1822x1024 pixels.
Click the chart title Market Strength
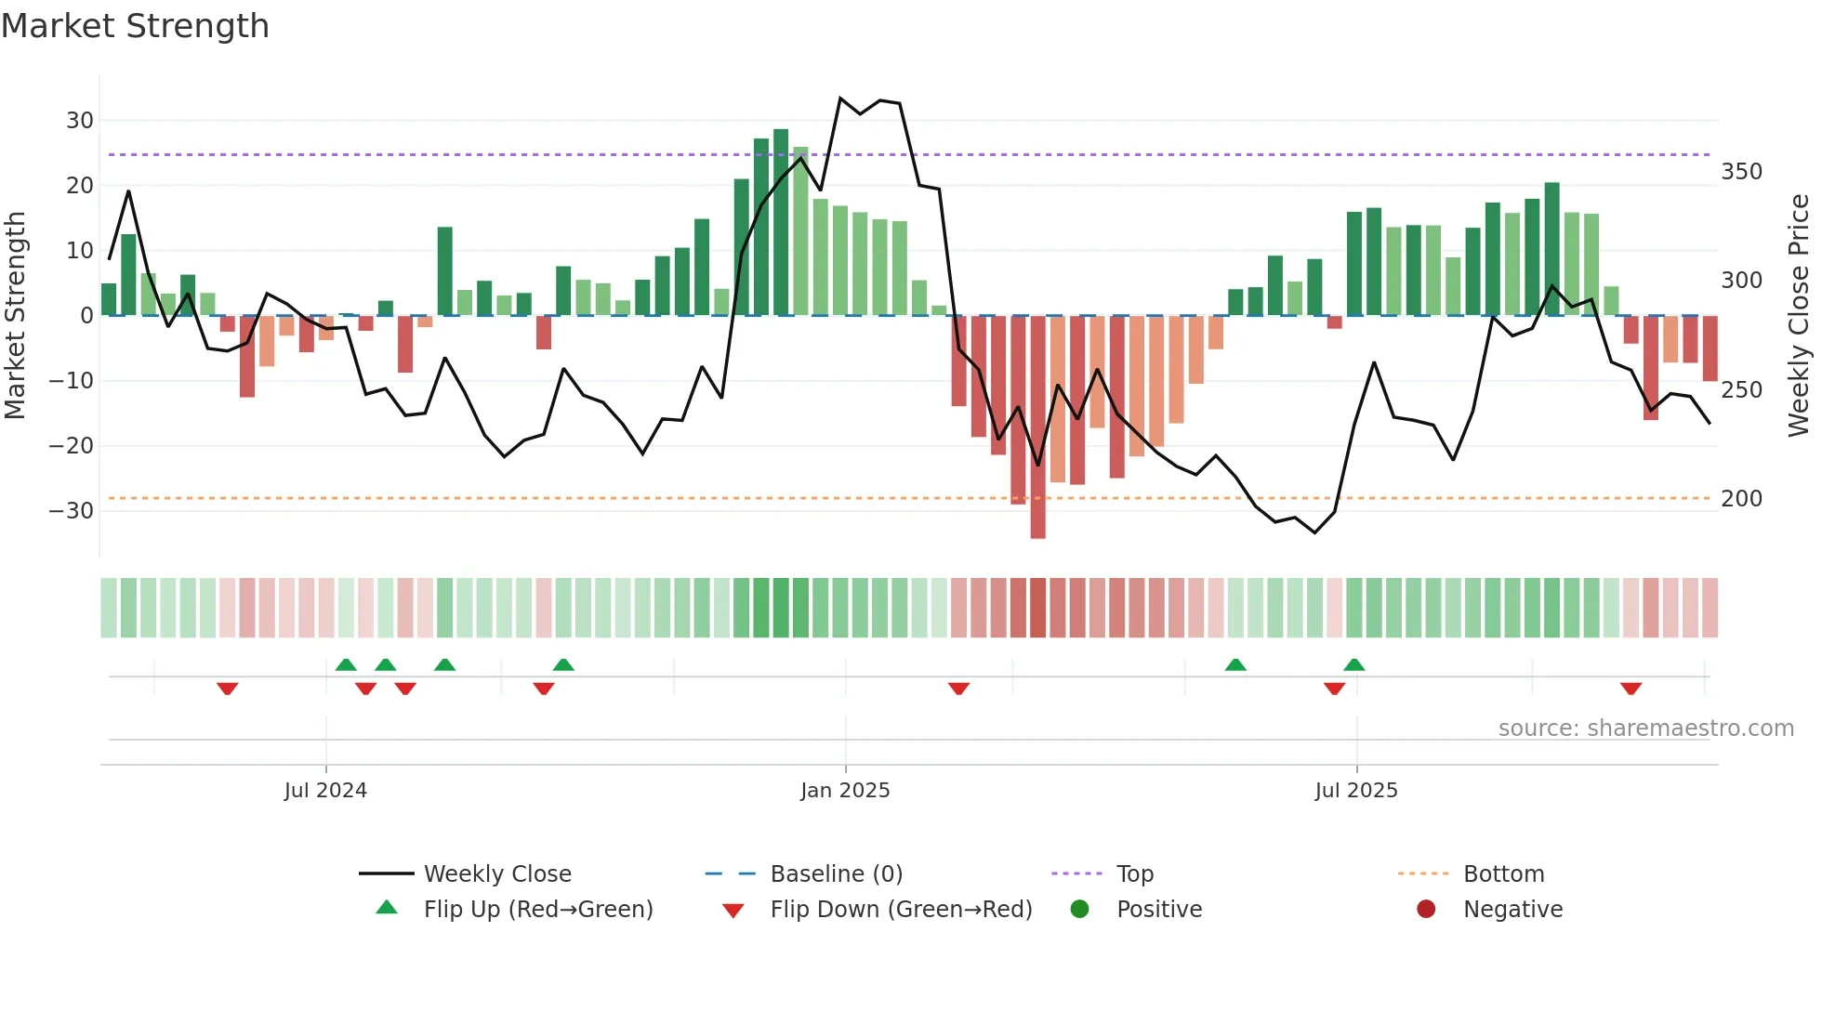click(135, 26)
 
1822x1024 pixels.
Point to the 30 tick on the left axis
click(80, 121)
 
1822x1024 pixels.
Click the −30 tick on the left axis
click(72, 511)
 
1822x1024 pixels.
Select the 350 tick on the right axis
click(1741, 172)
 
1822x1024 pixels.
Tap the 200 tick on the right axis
click(1741, 499)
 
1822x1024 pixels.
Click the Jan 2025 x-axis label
click(845, 791)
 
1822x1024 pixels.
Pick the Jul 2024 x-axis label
click(325, 791)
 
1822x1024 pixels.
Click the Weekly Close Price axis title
click(1799, 316)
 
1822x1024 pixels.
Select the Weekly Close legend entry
click(496, 874)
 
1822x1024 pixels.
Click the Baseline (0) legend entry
click(836, 874)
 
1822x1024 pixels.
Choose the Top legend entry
click(1134, 874)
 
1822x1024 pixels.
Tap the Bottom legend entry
click(1503, 874)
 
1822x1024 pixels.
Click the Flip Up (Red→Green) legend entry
click(537, 910)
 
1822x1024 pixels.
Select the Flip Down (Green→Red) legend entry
click(900, 910)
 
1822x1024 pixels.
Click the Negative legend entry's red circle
click(1426, 910)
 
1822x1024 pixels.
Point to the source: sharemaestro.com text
click(1645, 729)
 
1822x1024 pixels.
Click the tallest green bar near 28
click(781, 223)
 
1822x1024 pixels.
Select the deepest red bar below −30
click(1038, 427)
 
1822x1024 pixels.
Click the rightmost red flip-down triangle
click(1631, 689)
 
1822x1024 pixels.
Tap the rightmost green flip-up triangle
click(1354, 664)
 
